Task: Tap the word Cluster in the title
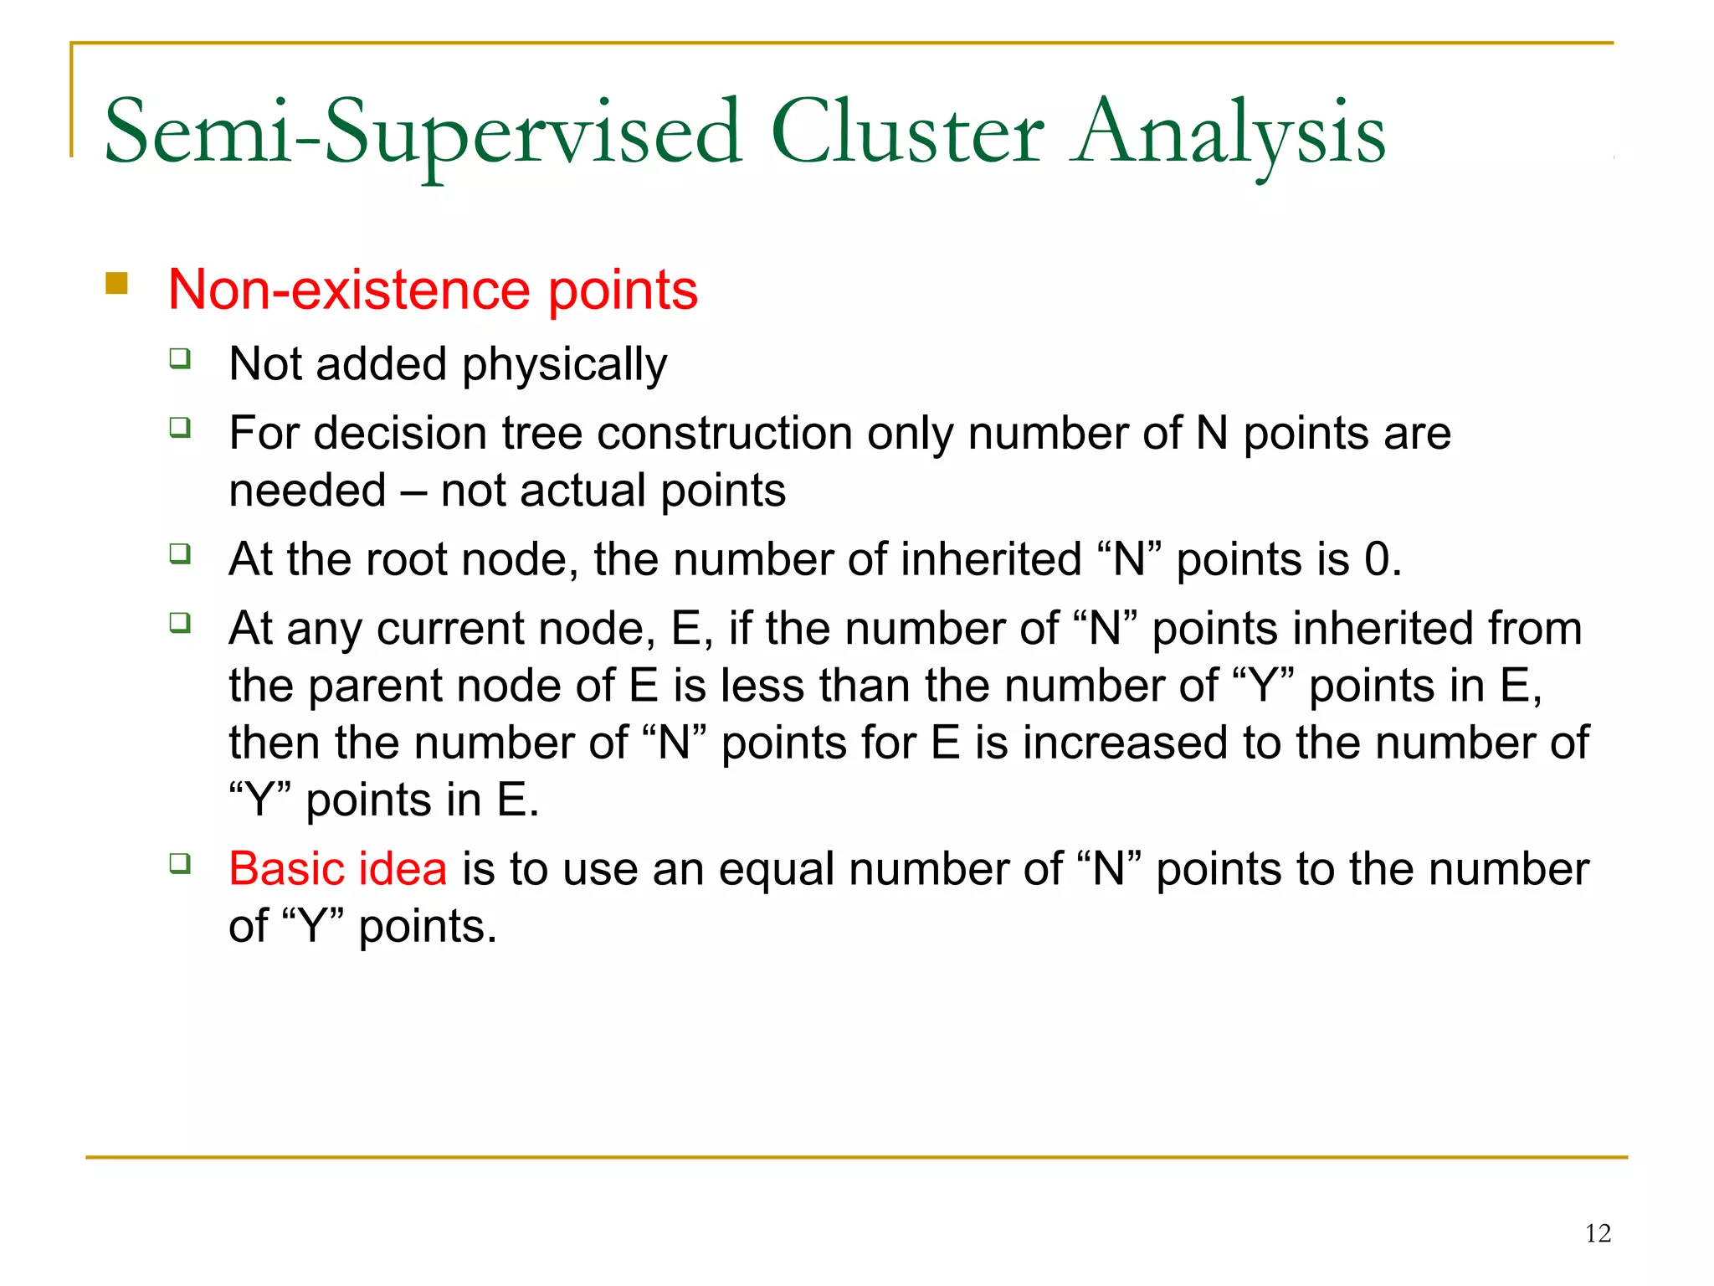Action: (x=906, y=132)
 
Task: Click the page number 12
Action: (x=1598, y=1233)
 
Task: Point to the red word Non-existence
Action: (x=350, y=290)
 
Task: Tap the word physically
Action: (x=565, y=365)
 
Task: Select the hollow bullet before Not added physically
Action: (x=180, y=359)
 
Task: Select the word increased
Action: (x=1126, y=743)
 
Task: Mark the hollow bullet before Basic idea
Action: (x=180, y=863)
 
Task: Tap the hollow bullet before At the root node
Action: (x=180, y=553)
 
